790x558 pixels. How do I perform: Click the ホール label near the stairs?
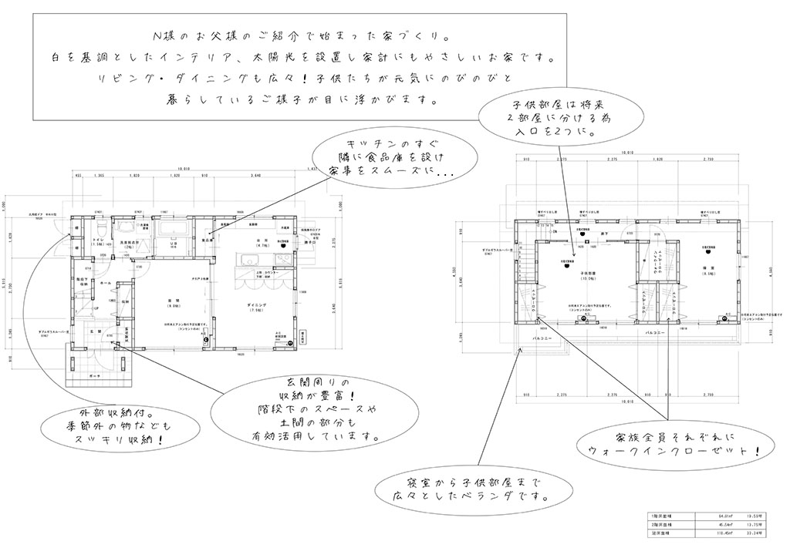[x=105, y=283]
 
